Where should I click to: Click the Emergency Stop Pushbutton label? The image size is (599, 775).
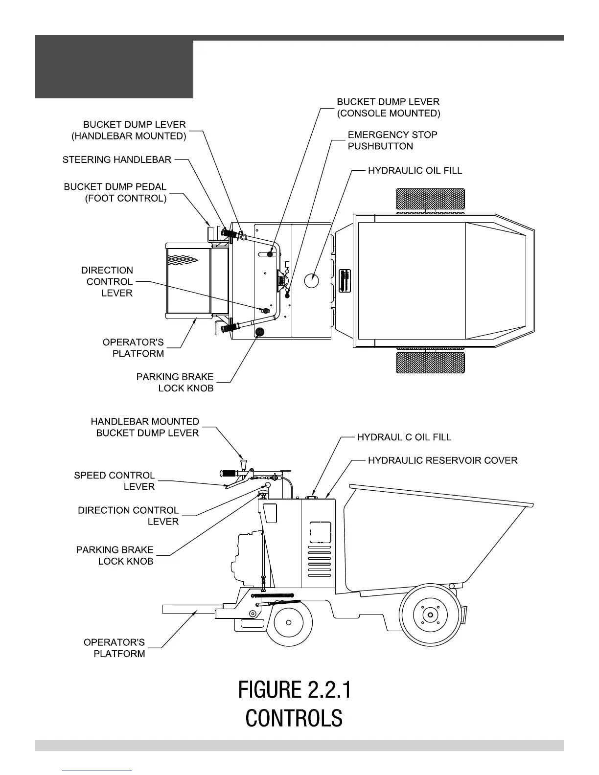(x=392, y=140)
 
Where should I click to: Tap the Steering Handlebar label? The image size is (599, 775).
(x=117, y=160)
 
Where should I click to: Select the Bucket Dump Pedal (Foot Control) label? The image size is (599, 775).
(x=115, y=193)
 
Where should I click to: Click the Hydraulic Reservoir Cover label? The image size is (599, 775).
(x=442, y=460)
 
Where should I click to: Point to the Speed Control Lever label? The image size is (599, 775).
(x=114, y=481)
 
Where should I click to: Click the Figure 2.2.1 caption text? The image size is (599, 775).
(x=294, y=690)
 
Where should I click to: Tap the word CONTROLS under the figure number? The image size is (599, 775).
(x=294, y=718)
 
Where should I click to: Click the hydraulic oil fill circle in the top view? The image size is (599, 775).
(x=312, y=280)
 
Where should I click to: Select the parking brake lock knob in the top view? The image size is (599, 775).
(x=259, y=332)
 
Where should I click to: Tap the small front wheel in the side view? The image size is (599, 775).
(x=288, y=622)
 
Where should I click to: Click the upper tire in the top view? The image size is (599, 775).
(x=430, y=200)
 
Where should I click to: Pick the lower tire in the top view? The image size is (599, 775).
(x=430, y=362)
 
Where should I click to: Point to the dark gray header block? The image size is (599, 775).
(x=114, y=69)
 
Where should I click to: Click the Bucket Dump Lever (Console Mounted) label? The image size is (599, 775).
(x=388, y=108)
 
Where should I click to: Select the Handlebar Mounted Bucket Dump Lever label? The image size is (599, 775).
(x=145, y=427)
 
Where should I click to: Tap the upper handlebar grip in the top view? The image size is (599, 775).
(x=229, y=233)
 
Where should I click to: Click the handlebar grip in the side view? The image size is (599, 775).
(x=230, y=473)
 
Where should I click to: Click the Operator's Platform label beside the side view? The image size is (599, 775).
(x=115, y=648)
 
